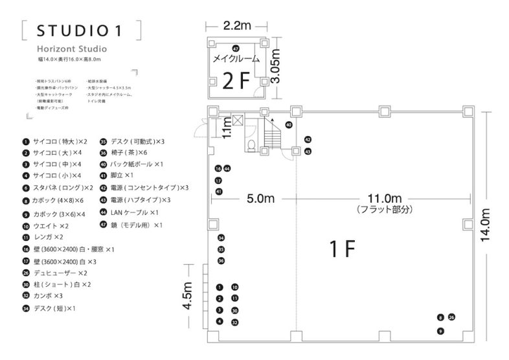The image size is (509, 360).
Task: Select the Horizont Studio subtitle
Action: click(x=71, y=49)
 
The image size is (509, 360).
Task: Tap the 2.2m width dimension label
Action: click(x=236, y=26)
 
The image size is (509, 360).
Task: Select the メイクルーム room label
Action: click(x=236, y=58)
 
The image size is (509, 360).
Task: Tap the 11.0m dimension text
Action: click(x=383, y=198)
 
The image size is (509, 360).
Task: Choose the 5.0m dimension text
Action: click(x=261, y=198)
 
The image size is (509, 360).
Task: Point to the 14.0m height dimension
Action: click(x=488, y=225)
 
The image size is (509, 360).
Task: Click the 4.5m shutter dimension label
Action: click(x=189, y=296)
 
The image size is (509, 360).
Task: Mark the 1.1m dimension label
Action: click(x=227, y=129)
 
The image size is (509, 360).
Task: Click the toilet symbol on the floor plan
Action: click(x=253, y=144)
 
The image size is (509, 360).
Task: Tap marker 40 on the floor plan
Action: click(x=289, y=124)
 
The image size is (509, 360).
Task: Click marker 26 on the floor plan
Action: click(x=451, y=317)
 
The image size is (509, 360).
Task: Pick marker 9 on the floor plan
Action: click(x=440, y=331)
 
